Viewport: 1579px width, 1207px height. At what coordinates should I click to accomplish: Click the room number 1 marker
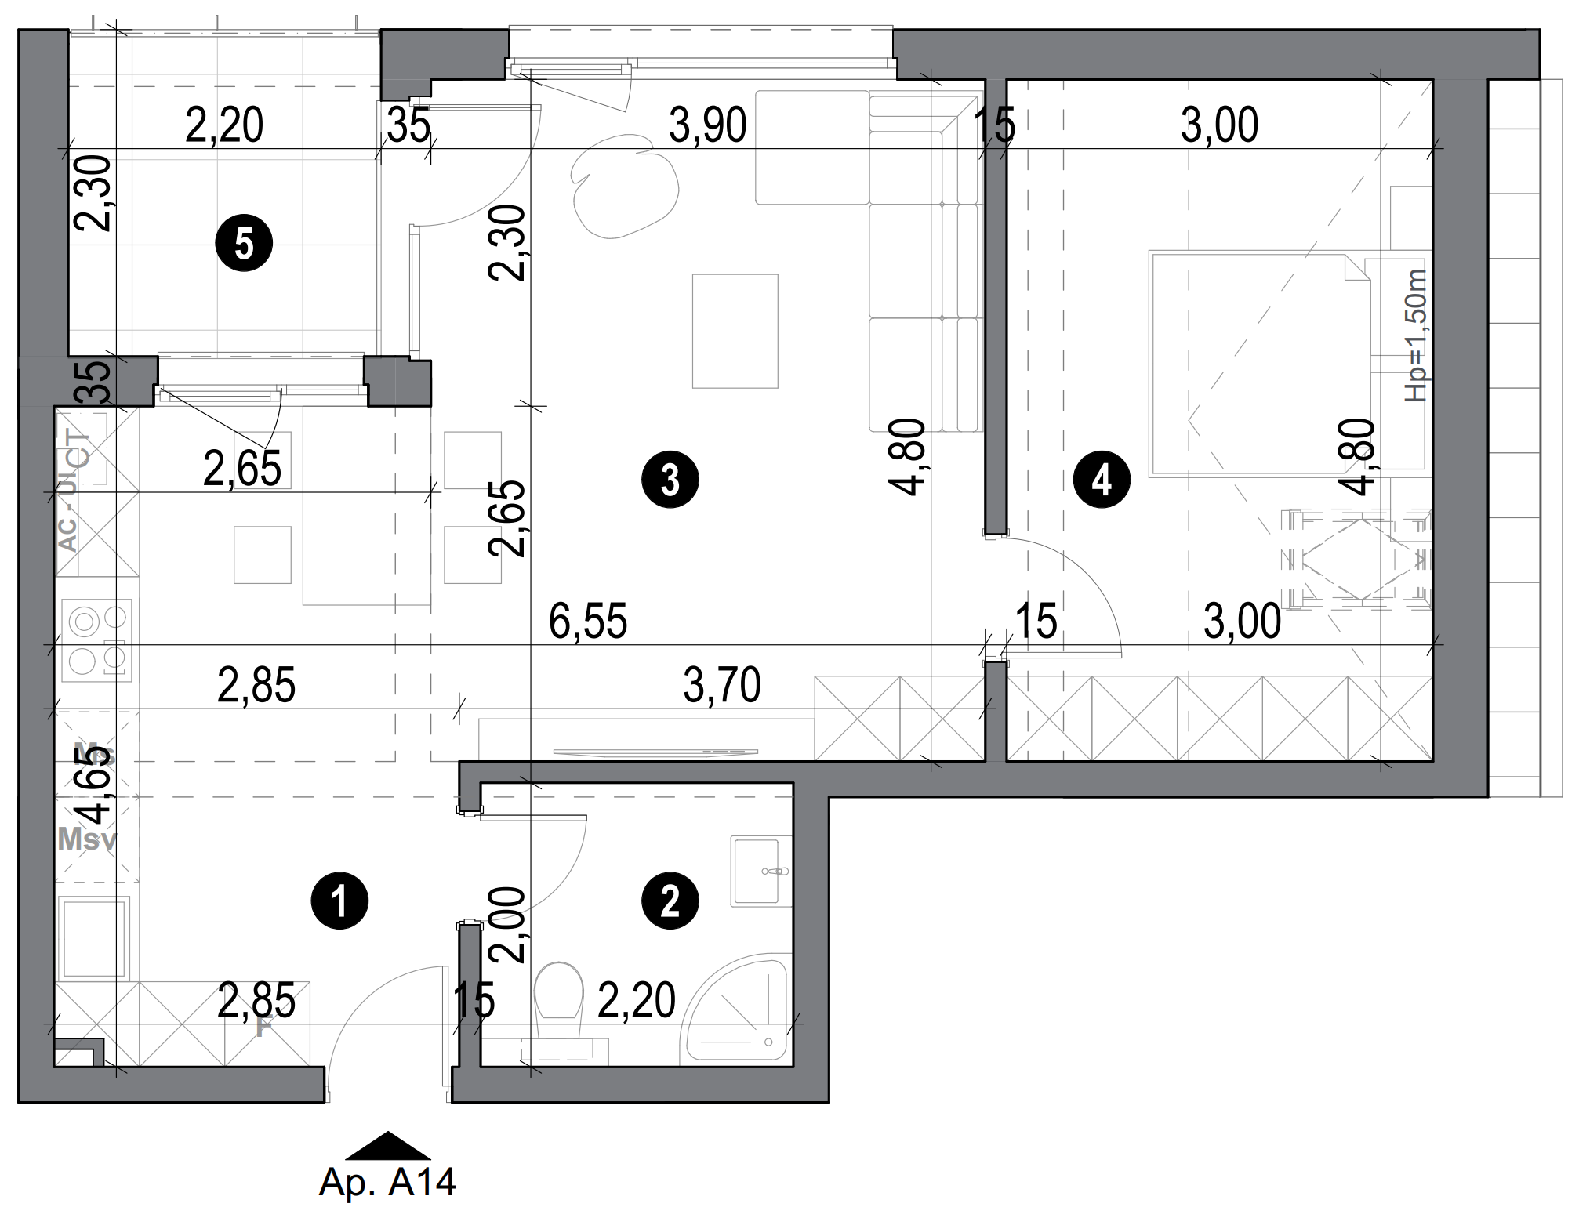339,901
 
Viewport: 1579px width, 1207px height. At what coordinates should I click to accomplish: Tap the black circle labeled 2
670,901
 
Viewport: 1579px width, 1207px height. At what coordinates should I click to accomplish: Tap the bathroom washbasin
757,870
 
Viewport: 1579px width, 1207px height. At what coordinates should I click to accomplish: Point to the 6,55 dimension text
588,622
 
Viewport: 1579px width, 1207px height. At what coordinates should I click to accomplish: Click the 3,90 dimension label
707,125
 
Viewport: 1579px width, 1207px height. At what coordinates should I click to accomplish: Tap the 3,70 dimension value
721,685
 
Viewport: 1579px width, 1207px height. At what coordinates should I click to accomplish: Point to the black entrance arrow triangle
387,1147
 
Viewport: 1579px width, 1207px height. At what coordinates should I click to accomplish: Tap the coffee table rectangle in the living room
735,331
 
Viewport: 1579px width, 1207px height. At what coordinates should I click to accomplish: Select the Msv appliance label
87,839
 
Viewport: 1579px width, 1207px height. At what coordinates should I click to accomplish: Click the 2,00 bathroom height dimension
506,924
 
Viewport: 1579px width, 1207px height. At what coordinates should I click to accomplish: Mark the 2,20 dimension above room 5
224,125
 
